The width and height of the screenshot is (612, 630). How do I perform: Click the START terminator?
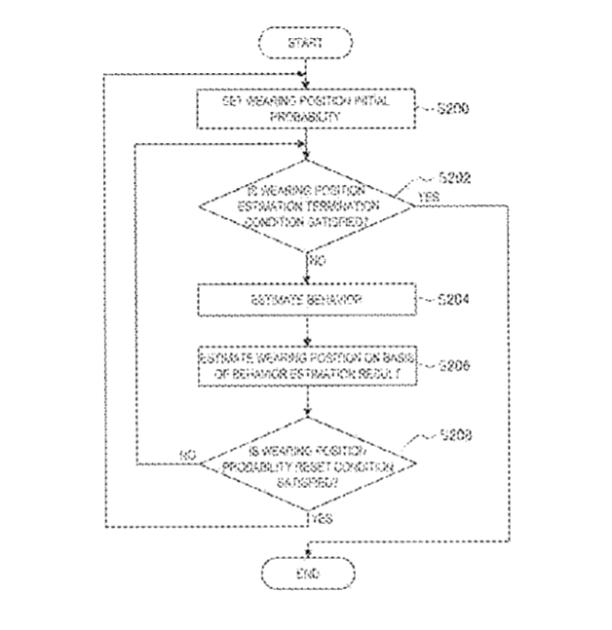(306, 43)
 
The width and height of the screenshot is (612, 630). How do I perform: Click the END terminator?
(306, 574)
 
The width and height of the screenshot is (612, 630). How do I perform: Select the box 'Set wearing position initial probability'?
(306, 107)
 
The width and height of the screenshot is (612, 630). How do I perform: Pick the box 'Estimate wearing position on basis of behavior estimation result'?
(306, 364)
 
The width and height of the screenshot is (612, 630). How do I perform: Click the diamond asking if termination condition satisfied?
(306, 205)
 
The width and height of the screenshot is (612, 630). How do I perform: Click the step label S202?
(454, 178)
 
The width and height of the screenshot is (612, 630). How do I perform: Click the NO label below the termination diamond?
(317, 261)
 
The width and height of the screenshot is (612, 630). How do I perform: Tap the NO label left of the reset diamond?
(188, 455)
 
